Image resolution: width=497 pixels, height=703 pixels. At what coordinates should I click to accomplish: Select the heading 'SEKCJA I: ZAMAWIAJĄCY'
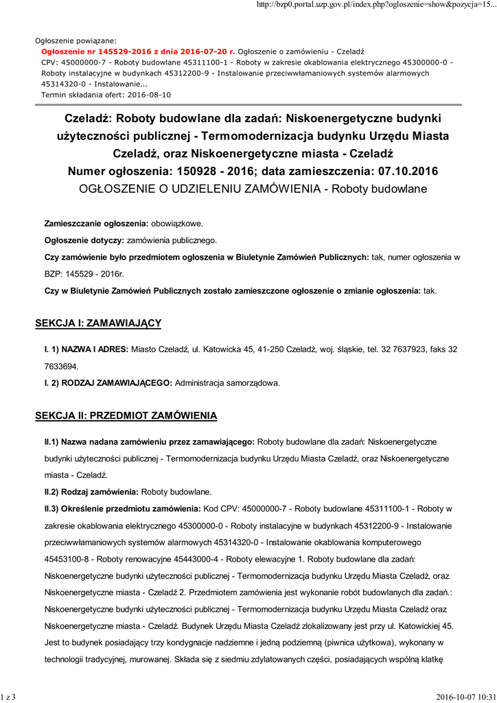(x=98, y=323)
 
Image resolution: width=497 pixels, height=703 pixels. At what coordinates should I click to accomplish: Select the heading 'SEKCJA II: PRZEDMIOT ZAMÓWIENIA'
(x=126, y=415)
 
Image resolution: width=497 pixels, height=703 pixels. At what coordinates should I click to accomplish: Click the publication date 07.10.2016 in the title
(x=404, y=170)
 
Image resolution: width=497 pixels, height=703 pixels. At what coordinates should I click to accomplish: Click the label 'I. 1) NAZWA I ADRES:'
(x=86, y=349)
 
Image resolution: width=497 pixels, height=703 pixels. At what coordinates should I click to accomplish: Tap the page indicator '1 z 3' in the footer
(x=8, y=698)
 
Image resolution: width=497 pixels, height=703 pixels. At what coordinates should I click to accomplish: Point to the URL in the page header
(x=375, y=5)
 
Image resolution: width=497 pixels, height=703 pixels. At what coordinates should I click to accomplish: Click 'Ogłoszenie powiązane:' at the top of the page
(x=76, y=41)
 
